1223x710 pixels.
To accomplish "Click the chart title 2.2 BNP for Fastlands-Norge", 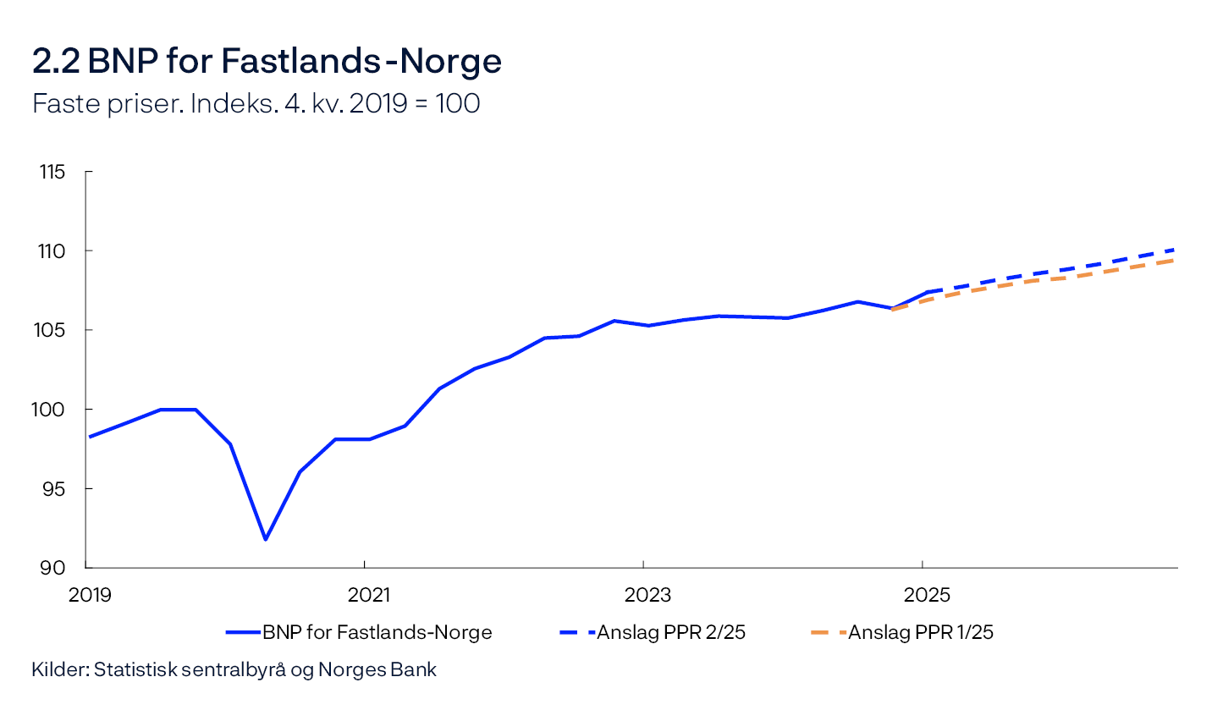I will tap(267, 62).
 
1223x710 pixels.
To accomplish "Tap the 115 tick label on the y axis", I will tap(52, 172).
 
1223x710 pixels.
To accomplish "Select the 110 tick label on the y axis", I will tap(52, 251).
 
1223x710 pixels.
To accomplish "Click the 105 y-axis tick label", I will tap(52, 330).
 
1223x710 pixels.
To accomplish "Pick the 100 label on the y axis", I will tap(52, 410).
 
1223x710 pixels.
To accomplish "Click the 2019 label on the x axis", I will tap(90, 595).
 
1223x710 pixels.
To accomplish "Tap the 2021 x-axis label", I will tap(369, 595).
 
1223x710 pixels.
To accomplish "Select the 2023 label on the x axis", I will tap(648, 595).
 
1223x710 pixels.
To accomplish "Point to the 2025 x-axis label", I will tap(928, 595).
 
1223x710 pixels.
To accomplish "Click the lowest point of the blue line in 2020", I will tap(265, 539).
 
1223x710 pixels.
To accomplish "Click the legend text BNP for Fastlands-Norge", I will tap(377, 632).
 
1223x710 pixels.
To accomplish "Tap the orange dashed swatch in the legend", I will tap(828, 632).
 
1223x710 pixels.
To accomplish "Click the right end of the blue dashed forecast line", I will tap(1176, 250).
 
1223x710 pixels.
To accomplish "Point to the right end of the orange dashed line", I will tap(1176, 260).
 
